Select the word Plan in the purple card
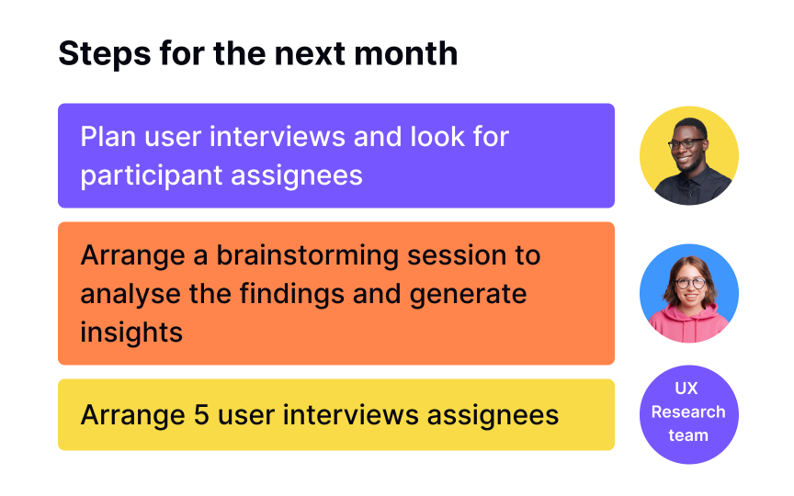(108, 137)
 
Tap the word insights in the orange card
(131, 331)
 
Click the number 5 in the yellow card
(202, 415)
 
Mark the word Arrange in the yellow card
(132, 415)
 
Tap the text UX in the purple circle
(688, 389)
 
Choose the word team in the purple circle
(688, 435)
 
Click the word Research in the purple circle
(688, 411)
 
